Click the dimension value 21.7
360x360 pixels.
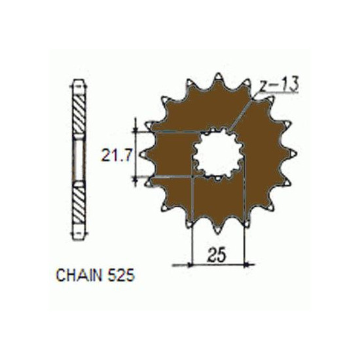[x=117, y=155]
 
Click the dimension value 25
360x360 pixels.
[x=217, y=255]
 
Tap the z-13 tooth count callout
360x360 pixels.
[x=279, y=84]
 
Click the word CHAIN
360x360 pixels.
[x=79, y=275]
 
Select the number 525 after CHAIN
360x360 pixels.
[x=121, y=275]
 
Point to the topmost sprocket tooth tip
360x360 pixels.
[x=218, y=74]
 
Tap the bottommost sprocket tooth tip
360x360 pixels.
[x=217, y=233]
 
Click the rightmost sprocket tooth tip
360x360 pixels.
[x=296, y=154]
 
